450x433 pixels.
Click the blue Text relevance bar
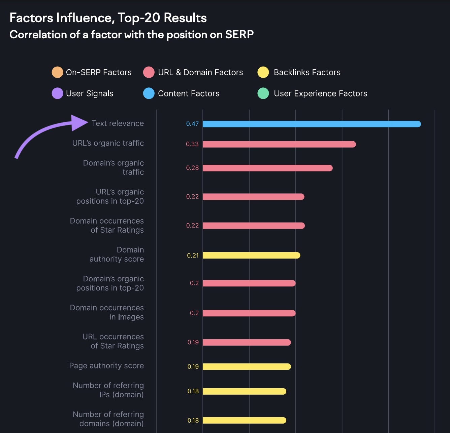coord(312,124)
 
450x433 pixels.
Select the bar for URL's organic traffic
coord(279,144)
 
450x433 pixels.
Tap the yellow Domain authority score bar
coord(251,255)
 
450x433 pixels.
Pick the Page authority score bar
coord(247,366)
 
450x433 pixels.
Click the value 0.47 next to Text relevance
coord(192,124)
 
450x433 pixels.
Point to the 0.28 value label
coord(192,168)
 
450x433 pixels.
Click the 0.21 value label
coord(193,255)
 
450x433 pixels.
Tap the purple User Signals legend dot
coord(57,93)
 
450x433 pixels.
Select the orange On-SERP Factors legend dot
coord(57,72)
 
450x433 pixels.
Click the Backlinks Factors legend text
coord(307,72)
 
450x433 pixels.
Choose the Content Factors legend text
coord(189,93)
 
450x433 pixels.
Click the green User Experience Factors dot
coord(263,93)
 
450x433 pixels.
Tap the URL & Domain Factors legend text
coord(200,72)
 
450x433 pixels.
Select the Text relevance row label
coord(118,123)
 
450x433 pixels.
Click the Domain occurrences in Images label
coord(107,312)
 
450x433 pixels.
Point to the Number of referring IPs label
coord(108,390)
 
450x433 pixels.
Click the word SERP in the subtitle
coord(239,35)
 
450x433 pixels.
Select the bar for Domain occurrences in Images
coord(249,313)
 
